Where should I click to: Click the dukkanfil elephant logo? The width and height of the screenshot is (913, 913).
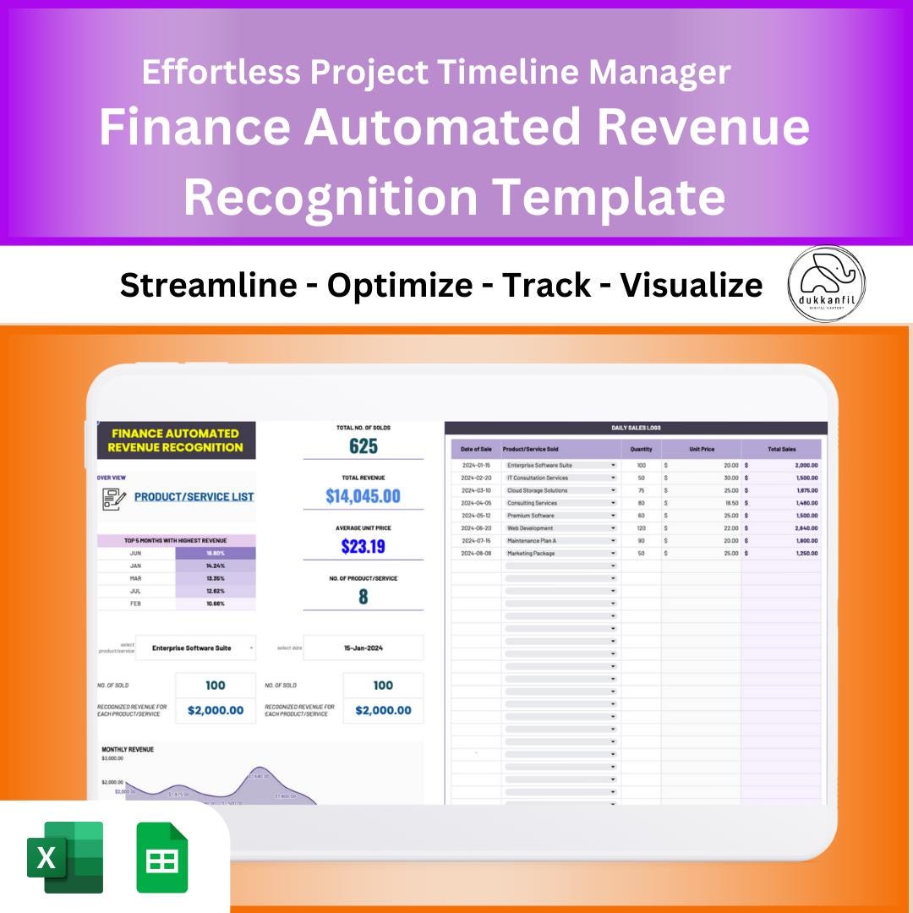click(826, 284)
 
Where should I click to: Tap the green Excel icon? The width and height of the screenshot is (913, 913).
click(65, 856)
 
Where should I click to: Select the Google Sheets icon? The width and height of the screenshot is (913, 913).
click(162, 856)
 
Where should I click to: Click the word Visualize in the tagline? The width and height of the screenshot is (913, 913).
click(692, 286)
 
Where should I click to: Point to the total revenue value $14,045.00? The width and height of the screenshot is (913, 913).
click(363, 496)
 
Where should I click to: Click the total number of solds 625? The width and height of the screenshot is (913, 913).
click(363, 446)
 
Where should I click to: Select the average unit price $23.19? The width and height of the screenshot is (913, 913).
click(363, 546)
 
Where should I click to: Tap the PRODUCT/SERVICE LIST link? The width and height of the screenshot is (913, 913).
click(194, 497)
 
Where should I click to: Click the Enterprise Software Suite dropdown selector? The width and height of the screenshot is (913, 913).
click(195, 648)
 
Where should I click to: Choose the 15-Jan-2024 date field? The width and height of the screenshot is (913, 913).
click(364, 648)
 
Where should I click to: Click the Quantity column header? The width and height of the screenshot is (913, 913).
click(641, 449)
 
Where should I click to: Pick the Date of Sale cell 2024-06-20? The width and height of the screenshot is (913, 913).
click(476, 528)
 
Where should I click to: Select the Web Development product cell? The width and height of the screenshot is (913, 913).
click(560, 528)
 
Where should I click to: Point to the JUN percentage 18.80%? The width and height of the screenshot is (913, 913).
click(214, 553)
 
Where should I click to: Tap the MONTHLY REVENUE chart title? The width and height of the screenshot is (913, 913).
click(128, 749)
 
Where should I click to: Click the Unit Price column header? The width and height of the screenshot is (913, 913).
click(701, 449)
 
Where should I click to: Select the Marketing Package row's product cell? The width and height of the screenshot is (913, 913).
click(560, 554)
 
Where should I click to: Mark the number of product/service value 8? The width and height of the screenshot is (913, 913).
click(363, 597)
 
